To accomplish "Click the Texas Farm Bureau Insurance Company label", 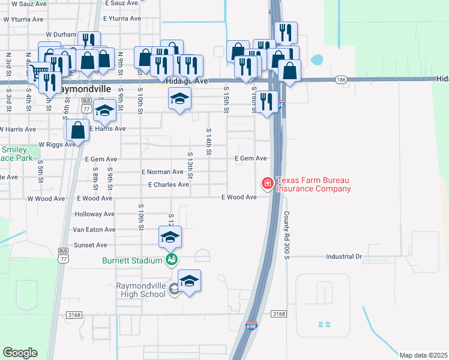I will tap(313, 184).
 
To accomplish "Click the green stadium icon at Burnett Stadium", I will tap(171, 259).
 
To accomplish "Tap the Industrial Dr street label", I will tap(344, 256).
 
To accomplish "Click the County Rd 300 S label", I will tap(287, 235).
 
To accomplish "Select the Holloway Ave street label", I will tap(94, 214).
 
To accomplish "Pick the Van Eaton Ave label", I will tap(94, 229).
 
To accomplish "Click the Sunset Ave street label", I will tap(90, 245).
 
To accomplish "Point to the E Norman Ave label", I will tap(162, 172).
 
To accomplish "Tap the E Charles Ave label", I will tap(168, 185).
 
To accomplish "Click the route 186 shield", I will tap(342, 79).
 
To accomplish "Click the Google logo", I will tap(20, 352).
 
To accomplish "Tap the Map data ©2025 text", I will tap(423, 355).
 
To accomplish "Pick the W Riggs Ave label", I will tap(56, 145).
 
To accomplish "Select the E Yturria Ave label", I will tap(125, 19).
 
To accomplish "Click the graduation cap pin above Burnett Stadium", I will tap(170, 237).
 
